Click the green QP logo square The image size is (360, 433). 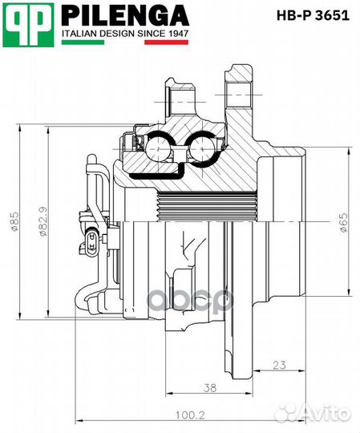coord(28,25)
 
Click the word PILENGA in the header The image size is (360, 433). coord(125,16)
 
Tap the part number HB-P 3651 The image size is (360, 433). coord(313,16)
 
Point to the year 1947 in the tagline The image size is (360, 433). coord(178,34)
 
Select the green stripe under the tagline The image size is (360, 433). coord(83,42)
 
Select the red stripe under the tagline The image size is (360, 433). coord(167,42)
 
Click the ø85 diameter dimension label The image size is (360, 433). coord(14,221)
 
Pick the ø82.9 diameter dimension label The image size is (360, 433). coord(43,221)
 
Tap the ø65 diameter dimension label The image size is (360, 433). coord(344,223)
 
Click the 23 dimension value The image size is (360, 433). coord(279,365)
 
